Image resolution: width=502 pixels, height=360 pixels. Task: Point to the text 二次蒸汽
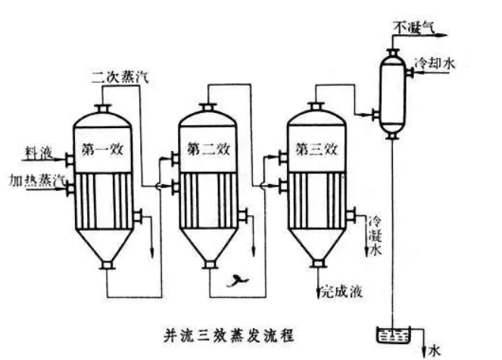pyautogui.click(x=115, y=76)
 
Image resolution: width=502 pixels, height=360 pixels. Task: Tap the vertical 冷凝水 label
pyautogui.click(x=373, y=239)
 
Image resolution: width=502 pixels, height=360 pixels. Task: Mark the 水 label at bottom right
pyautogui.click(x=435, y=349)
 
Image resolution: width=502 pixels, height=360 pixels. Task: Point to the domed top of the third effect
pyautogui.click(x=316, y=117)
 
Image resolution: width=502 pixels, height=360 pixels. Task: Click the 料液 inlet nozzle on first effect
pyautogui.click(x=68, y=160)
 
